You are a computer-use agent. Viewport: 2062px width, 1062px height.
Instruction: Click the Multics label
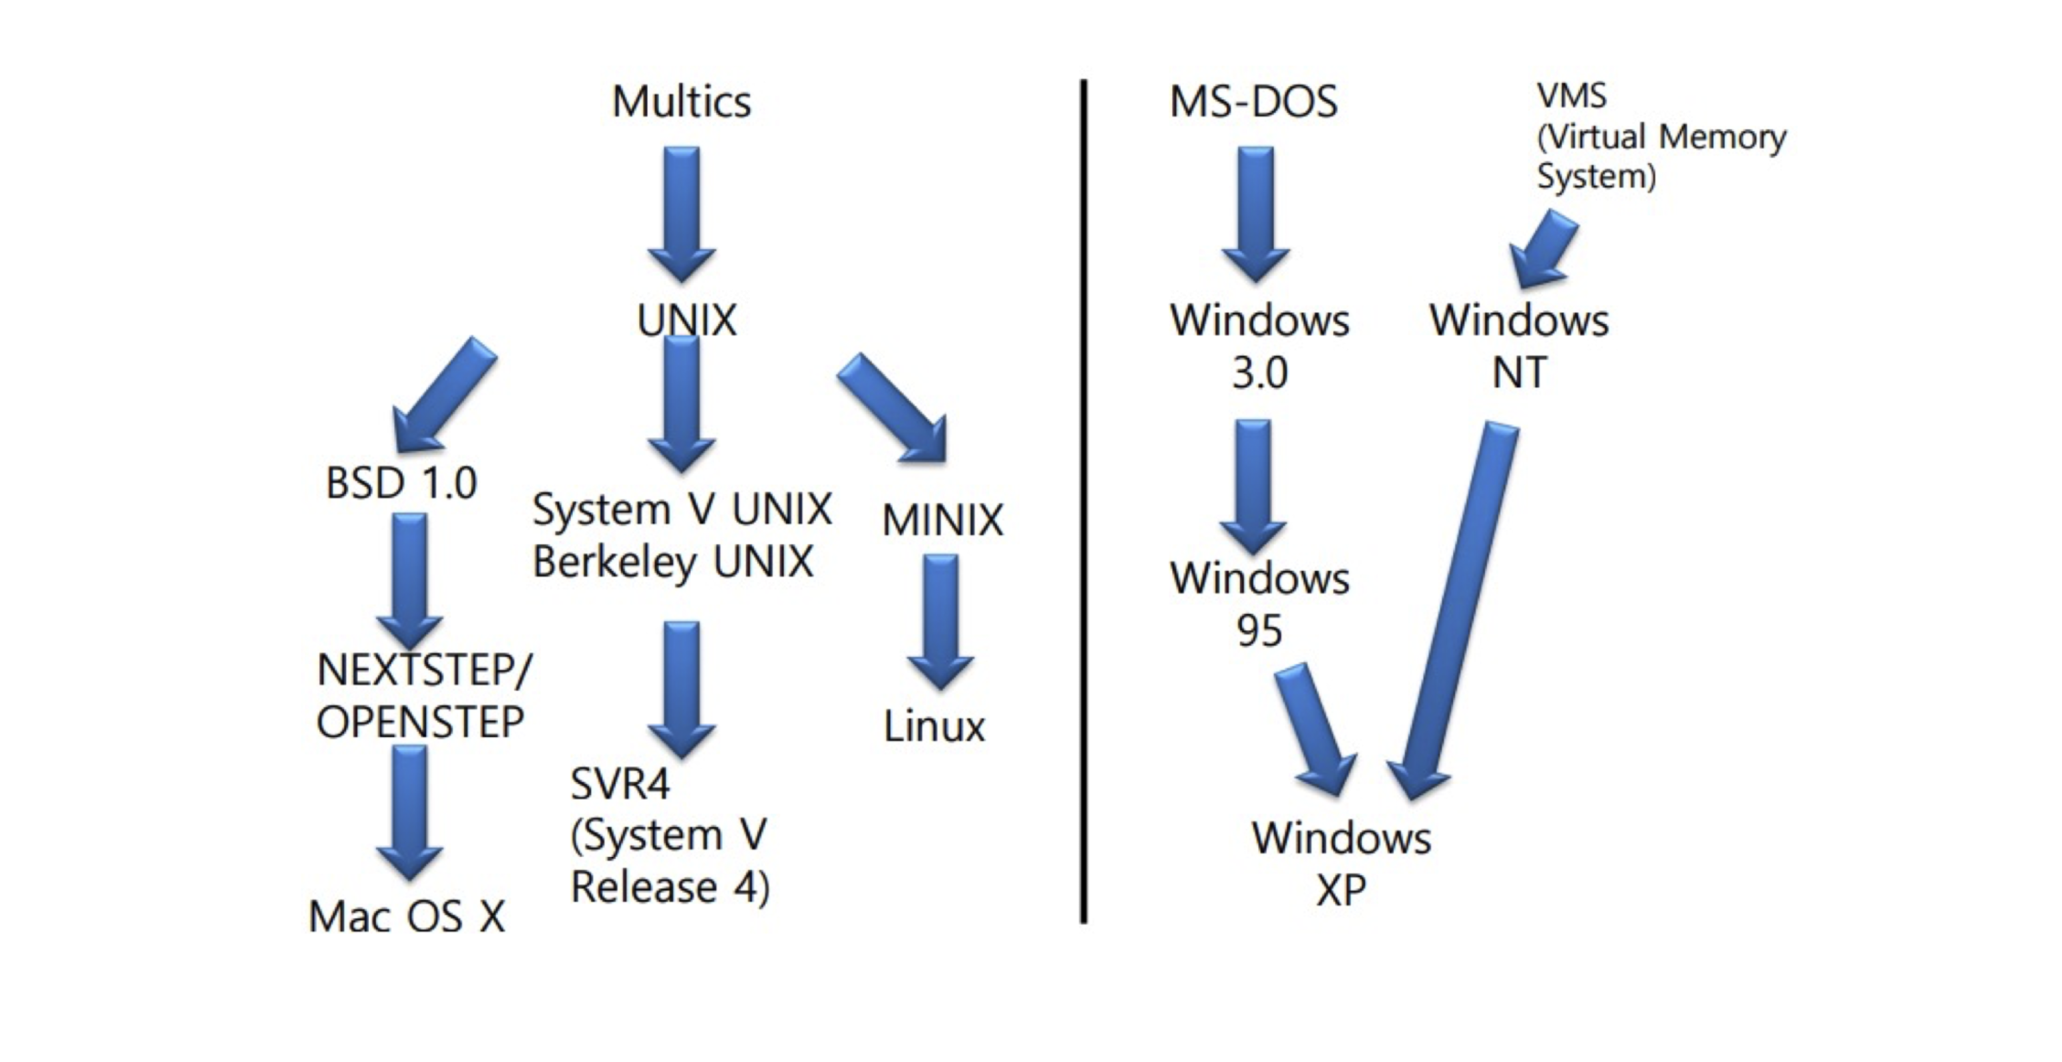[681, 102]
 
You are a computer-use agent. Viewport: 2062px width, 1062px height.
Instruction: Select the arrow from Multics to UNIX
[681, 212]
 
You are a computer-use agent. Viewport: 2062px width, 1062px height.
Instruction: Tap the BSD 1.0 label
[401, 482]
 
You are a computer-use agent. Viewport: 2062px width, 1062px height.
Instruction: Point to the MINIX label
[942, 520]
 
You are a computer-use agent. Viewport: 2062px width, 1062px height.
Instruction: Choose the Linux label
[933, 727]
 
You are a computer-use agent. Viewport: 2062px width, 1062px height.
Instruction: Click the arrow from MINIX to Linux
[940, 620]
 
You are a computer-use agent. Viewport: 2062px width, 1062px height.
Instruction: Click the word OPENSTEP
[419, 723]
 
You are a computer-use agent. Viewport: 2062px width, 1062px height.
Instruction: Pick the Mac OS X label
[407, 916]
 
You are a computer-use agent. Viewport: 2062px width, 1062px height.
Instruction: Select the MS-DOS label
[1253, 102]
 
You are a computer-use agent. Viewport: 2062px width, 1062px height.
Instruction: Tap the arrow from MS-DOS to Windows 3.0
[1255, 212]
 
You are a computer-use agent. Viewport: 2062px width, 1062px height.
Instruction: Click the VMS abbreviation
[1571, 96]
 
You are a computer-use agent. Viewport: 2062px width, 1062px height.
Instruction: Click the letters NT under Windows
[1518, 373]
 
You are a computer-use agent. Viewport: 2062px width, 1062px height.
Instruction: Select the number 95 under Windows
[1259, 631]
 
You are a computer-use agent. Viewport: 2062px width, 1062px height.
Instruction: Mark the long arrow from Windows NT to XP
[1457, 608]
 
